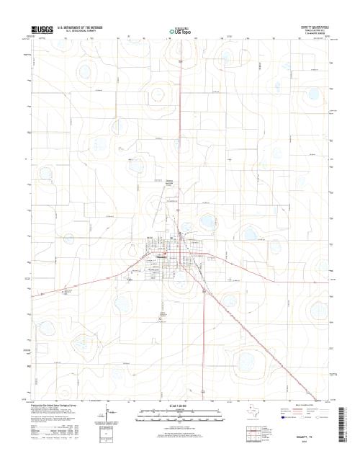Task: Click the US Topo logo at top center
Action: coord(180,32)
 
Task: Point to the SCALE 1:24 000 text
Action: coord(180,406)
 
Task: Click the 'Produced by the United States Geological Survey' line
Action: coord(55,406)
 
